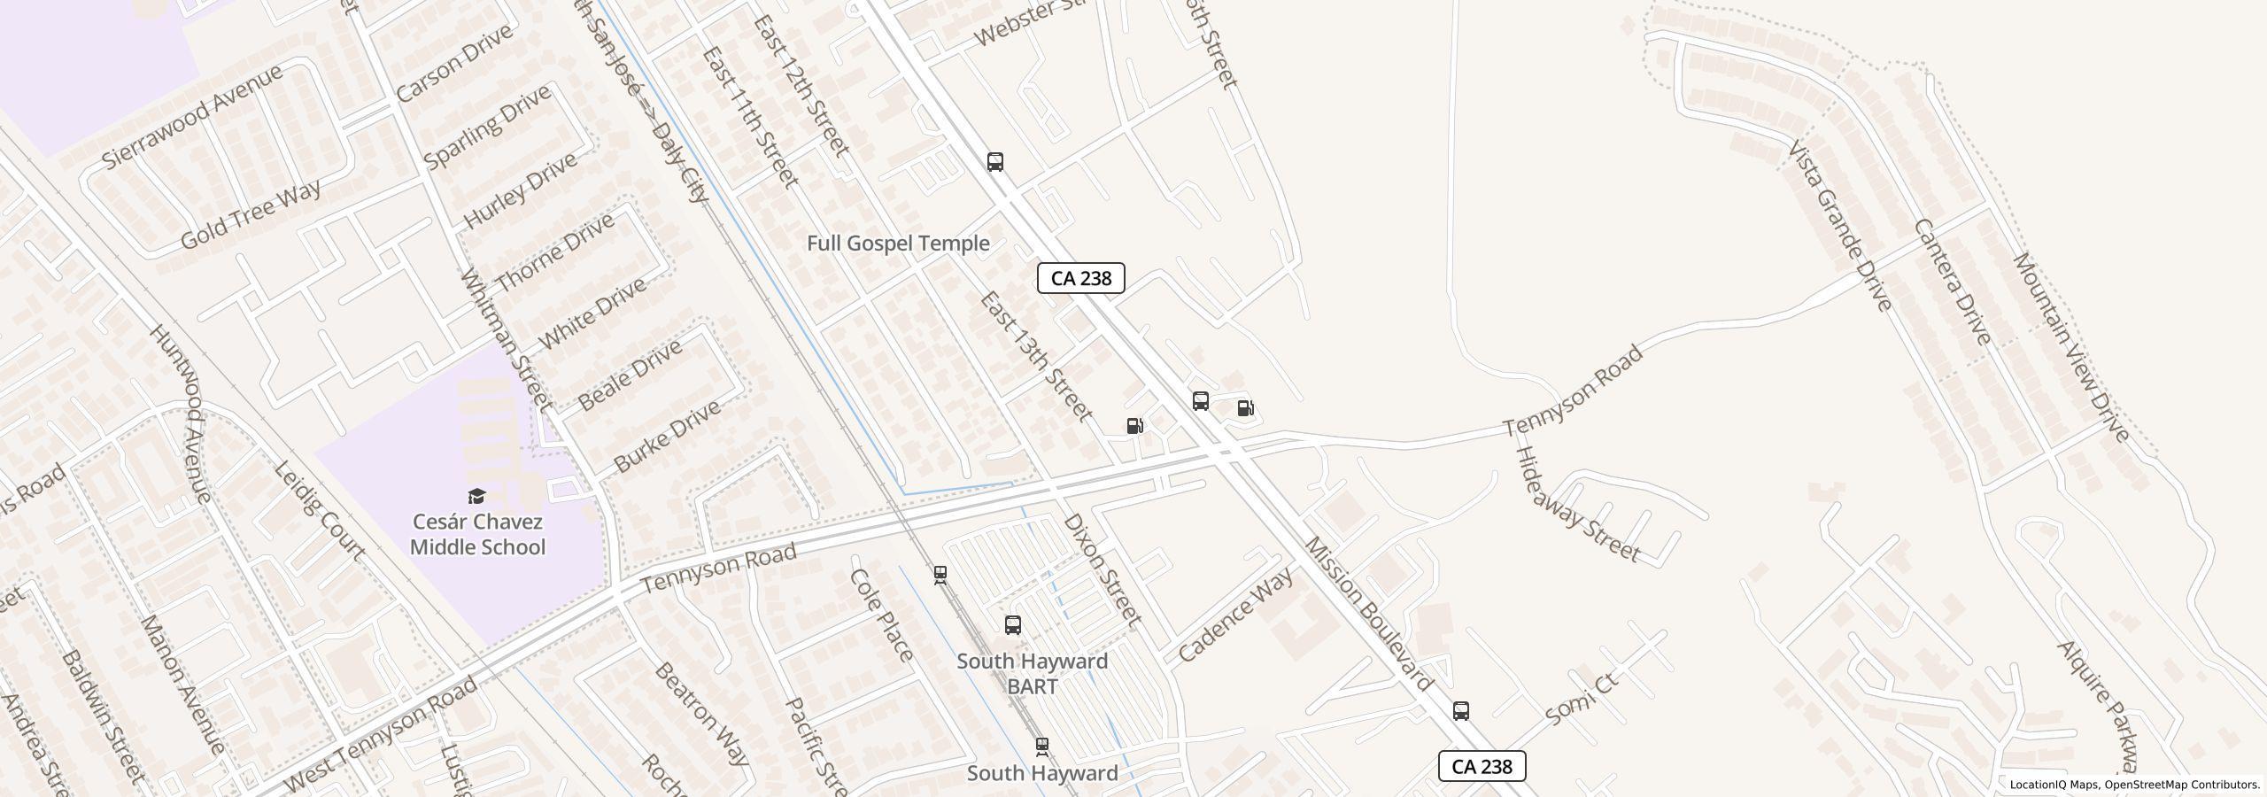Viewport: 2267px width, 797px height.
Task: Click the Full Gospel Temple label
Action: click(x=898, y=244)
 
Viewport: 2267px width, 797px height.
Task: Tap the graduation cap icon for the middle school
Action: click(x=477, y=496)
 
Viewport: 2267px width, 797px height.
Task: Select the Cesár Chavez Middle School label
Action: click(x=477, y=534)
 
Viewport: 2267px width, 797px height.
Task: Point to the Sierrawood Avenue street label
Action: click(x=192, y=116)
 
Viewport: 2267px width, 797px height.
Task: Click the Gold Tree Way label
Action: click(x=250, y=215)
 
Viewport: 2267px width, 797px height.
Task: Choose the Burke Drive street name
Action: click(x=667, y=437)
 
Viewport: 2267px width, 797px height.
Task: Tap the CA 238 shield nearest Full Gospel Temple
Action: click(x=1080, y=278)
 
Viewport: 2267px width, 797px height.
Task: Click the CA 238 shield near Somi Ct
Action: click(x=1482, y=766)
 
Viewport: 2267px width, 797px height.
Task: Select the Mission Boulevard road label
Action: click(x=1369, y=614)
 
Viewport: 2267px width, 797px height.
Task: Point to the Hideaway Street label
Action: click(x=1577, y=505)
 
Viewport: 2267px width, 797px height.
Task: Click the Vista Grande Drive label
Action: click(x=1840, y=226)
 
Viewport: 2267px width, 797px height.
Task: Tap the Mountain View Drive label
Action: click(x=2070, y=346)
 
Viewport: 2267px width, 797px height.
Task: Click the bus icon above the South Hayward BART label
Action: click(x=1013, y=625)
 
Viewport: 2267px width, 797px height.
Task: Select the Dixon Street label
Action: click(x=1101, y=570)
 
